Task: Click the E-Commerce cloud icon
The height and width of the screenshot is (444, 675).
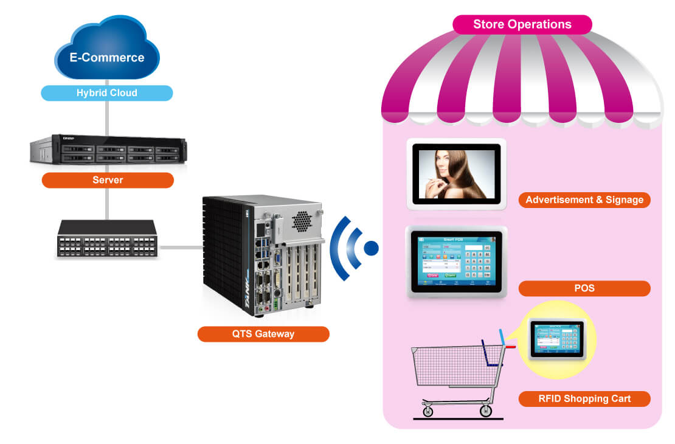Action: pyautogui.click(x=107, y=55)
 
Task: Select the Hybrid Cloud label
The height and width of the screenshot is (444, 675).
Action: pyautogui.click(x=107, y=93)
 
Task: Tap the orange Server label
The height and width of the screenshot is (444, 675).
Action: pyautogui.click(x=108, y=180)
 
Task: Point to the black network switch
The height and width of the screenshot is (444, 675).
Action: pyautogui.click(x=106, y=239)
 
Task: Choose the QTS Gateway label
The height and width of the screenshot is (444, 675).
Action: pyautogui.click(x=263, y=334)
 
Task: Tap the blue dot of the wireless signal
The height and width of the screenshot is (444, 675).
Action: pyautogui.click(x=370, y=248)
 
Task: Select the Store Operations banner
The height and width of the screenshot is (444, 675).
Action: pyautogui.click(x=522, y=24)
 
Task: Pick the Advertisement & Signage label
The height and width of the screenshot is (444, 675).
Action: pyautogui.click(x=584, y=199)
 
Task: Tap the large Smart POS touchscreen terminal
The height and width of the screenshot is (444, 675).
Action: pyautogui.click(x=456, y=262)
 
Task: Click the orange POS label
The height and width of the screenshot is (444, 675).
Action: pyautogui.click(x=584, y=288)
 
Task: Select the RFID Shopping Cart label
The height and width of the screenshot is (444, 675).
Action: pyautogui.click(x=584, y=399)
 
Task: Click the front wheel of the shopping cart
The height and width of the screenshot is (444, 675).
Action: pyautogui.click(x=428, y=412)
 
